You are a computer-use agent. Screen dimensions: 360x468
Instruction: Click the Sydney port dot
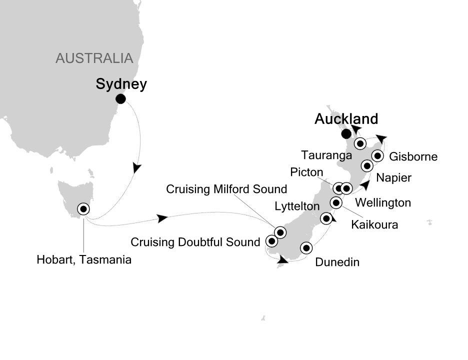pos(120,99)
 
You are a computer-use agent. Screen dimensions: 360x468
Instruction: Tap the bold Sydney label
pos(121,84)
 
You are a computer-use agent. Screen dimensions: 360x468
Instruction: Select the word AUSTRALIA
pos(94,58)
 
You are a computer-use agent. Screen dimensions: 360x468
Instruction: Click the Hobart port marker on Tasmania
pos(83,209)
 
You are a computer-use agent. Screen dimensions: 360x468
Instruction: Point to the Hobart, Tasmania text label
pos(84,259)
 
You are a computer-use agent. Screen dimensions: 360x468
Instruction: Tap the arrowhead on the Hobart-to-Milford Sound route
pos(161,218)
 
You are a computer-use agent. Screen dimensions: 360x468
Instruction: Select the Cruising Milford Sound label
pos(226,189)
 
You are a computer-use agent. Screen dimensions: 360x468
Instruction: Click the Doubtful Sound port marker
pos(271,241)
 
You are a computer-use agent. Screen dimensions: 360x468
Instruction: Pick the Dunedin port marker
pos(306,247)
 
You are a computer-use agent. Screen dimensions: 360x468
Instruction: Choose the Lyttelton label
pos(296,206)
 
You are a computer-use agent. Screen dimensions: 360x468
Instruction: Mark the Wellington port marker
pos(346,188)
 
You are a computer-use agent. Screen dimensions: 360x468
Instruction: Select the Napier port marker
pos(367,165)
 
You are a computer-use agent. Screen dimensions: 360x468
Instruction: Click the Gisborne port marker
pos(378,156)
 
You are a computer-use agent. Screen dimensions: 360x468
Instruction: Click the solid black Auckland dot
pos(345,134)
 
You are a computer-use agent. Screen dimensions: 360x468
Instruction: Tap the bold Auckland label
pos(345,119)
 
